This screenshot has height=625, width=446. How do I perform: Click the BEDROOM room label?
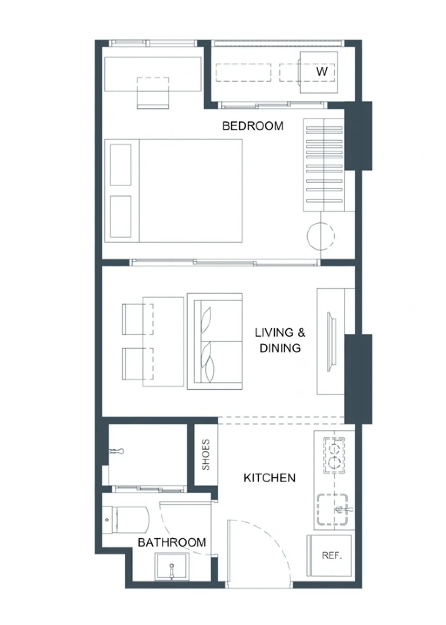[x=253, y=126]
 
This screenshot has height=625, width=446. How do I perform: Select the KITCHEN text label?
[x=269, y=478]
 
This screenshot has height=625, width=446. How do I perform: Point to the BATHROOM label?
[x=172, y=542]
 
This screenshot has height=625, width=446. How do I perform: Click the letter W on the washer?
[x=322, y=72]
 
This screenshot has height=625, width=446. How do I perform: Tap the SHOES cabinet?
[x=206, y=455]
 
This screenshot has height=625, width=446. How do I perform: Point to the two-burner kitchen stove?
[x=334, y=455]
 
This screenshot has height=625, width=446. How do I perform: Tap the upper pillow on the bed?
[x=121, y=165]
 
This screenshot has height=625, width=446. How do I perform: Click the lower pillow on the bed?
[x=121, y=216]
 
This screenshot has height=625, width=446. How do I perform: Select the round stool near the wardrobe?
[x=320, y=236]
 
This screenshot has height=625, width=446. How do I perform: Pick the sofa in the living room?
[x=214, y=341]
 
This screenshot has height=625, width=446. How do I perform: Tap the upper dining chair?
[x=137, y=319]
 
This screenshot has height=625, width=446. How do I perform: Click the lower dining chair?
[x=137, y=363]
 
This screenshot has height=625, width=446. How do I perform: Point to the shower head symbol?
[x=116, y=451]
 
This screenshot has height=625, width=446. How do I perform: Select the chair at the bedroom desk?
[x=153, y=93]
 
